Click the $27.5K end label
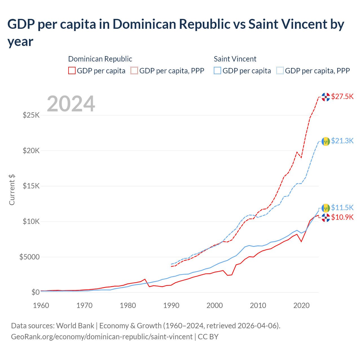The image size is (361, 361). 342,97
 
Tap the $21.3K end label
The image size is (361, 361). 342,141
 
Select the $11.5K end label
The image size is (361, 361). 342,208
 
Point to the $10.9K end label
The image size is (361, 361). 342,217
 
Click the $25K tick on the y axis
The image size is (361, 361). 31,115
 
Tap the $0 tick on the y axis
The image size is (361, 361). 35,292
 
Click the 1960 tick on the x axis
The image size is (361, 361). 41,305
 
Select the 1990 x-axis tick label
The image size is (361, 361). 171,305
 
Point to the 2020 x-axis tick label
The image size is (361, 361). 301,305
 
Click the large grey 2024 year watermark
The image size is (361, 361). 71,104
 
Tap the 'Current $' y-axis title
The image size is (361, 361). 12,190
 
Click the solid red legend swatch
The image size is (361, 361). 72,71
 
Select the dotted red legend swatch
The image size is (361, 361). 134,71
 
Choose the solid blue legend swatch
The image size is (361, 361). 217,71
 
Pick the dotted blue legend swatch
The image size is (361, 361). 280,71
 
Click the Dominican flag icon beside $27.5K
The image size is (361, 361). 326,97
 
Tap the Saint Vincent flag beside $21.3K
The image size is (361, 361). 326,141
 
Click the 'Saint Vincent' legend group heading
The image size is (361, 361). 235,59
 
